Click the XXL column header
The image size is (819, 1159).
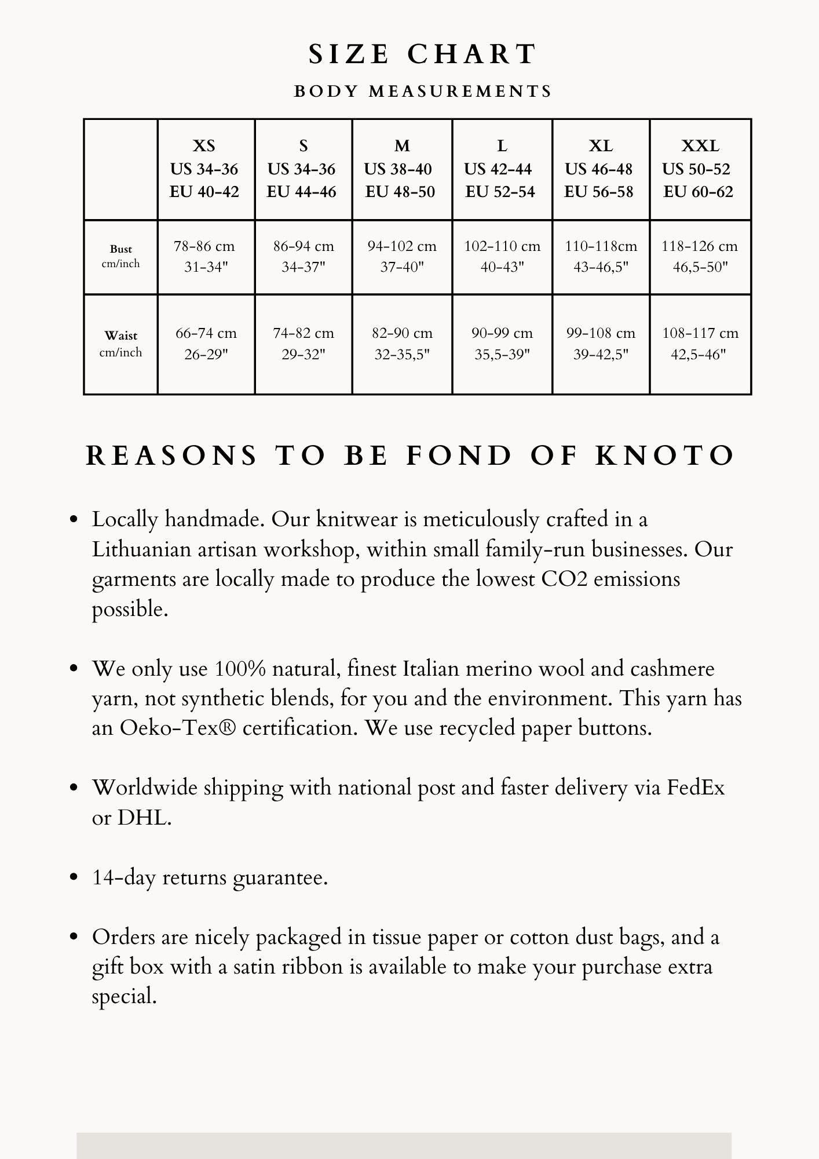700,145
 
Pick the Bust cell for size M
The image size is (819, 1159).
402,256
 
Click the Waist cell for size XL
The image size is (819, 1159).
601,343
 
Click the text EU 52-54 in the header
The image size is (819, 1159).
500,192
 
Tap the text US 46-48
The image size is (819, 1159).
598,169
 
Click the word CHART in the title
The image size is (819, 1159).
472,54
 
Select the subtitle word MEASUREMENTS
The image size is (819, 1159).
460,92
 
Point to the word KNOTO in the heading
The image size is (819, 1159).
665,455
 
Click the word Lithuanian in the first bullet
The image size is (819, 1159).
141,549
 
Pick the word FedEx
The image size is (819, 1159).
696,788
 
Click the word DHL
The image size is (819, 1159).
144,818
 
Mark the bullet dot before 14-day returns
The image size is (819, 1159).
74,877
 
